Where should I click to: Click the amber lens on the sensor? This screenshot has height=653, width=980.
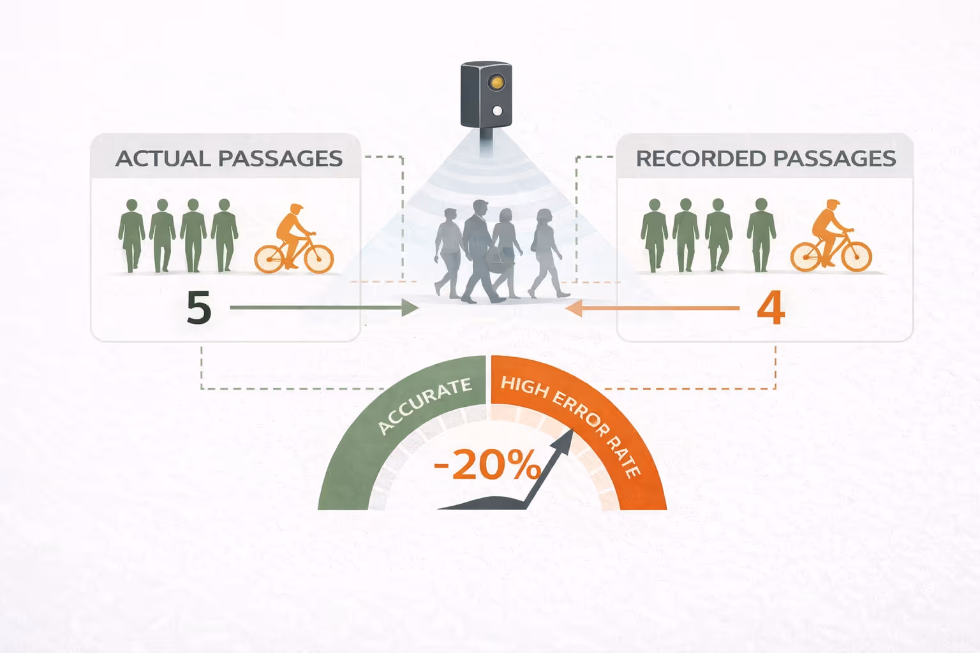point(496,83)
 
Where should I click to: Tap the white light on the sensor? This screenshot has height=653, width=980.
point(498,112)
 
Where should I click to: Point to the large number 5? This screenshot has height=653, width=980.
point(198,308)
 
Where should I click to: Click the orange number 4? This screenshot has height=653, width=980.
point(770,308)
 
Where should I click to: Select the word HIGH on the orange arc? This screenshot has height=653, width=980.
point(524,386)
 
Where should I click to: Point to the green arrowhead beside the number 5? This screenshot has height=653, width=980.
point(410,308)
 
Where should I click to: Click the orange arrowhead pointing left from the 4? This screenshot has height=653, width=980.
point(574,308)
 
